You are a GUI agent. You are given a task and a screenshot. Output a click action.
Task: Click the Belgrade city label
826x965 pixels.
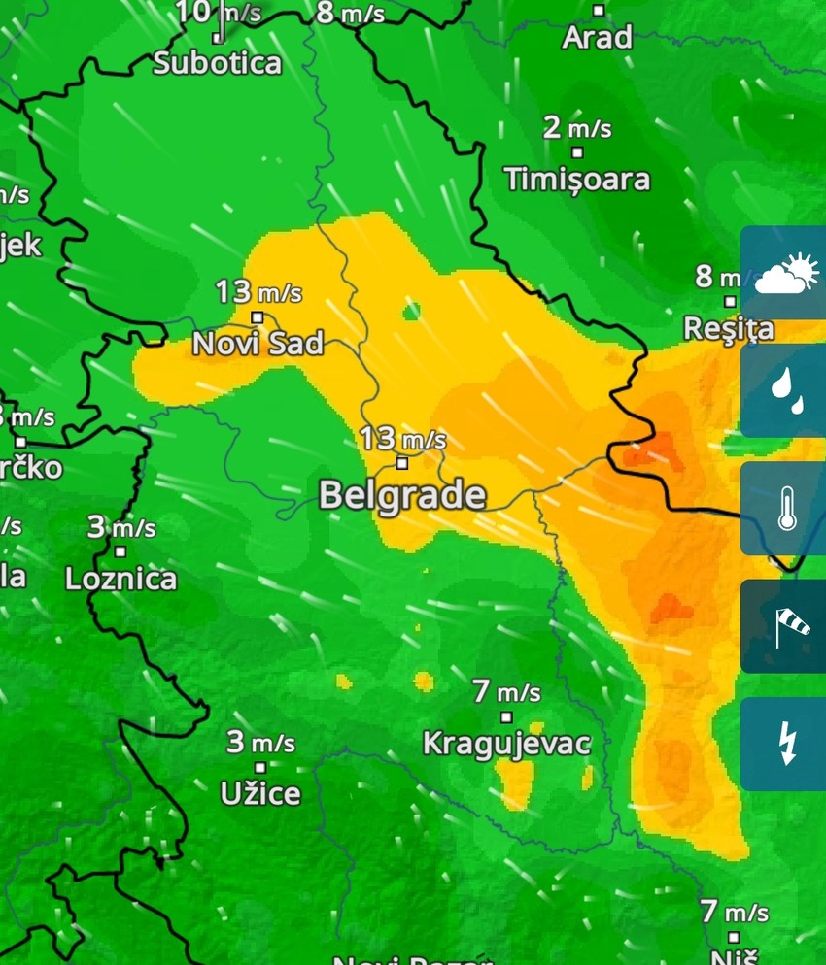pos(402,495)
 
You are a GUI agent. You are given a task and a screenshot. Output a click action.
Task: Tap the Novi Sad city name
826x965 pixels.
pos(258,343)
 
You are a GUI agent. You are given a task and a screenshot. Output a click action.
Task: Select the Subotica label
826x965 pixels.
pos(218,64)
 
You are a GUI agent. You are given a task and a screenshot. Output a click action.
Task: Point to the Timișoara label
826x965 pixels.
pos(577,179)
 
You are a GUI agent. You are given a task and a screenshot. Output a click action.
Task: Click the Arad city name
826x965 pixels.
pos(598,38)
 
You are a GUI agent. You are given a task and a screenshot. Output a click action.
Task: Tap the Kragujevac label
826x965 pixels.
pos(506,744)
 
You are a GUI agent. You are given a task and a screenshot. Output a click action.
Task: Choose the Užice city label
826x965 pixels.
pos(260,794)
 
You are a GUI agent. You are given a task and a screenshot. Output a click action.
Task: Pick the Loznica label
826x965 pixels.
pos(120,580)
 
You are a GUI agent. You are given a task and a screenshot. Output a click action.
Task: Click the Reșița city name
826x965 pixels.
pos(729,328)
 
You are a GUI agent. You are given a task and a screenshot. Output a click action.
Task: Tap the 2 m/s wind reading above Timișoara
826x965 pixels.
pos(577,127)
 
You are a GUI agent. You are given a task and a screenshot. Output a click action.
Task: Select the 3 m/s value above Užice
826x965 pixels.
pos(260,744)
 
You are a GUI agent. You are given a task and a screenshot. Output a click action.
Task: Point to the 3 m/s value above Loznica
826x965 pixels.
pos(120,528)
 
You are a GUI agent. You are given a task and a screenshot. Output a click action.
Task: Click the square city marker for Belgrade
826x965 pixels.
pos(402,463)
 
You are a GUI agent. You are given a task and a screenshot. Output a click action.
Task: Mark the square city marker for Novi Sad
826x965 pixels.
pos(258,316)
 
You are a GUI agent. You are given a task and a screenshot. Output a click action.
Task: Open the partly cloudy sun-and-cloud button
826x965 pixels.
pos(783,273)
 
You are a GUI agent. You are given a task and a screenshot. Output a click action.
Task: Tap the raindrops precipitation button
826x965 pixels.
pos(783,390)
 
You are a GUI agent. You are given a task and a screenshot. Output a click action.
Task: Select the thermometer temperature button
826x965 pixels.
pos(783,509)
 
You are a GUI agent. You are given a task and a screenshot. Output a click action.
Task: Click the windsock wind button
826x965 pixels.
pos(783,626)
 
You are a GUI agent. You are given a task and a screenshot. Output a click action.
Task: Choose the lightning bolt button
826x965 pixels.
pos(783,744)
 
